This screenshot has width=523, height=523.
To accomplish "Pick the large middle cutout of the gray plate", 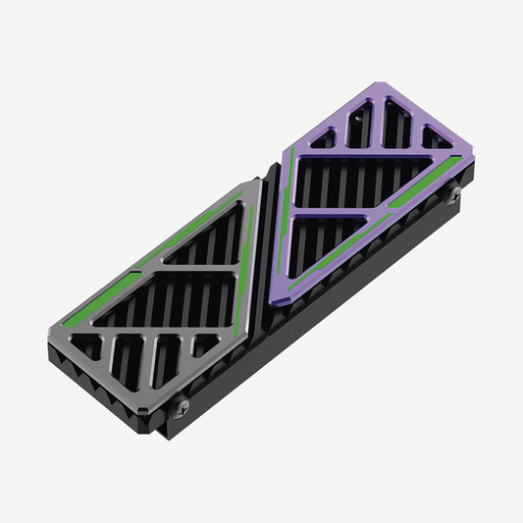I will [162, 294].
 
